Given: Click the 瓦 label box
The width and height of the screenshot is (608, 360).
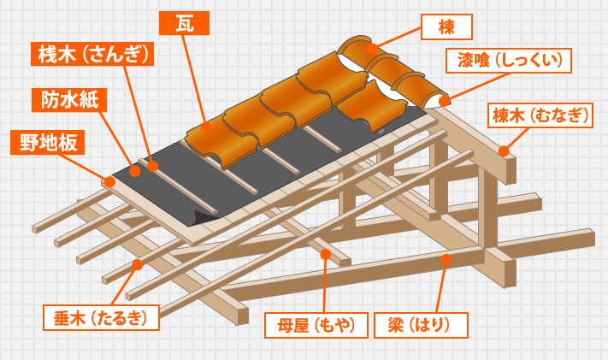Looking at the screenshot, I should click(x=184, y=23).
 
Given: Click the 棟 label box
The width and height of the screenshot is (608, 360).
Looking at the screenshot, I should click(x=446, y=27).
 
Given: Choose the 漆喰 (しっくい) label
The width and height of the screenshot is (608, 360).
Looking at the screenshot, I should click(x=508, y=61).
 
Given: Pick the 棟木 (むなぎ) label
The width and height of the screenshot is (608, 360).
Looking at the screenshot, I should click(x=540, y=115).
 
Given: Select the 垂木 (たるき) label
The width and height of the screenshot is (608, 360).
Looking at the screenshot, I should click(x=101, y=317).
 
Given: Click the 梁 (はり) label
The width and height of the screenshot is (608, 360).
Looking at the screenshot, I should click(x=421, y=325).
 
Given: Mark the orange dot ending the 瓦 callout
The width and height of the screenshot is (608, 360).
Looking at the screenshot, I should click(x=204, y=127).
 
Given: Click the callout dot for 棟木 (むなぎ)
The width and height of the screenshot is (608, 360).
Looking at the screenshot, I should click(x=504, y=151).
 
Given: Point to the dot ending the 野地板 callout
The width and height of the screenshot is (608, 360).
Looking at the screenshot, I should click(x=109, y=182).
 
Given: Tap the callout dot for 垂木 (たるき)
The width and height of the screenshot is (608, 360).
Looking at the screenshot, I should click(x=138, y=264).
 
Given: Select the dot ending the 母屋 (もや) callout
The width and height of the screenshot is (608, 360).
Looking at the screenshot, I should click(x=326, y=254).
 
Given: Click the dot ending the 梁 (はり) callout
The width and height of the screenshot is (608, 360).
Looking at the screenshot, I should click(x=446, y=258).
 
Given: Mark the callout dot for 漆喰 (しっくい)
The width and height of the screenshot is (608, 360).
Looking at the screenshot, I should click(x=444, y=101).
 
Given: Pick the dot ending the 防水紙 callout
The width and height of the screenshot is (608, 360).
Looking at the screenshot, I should click(x=134, y=171).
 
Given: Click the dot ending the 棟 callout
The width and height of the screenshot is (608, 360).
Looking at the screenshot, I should click(x=371, y=49).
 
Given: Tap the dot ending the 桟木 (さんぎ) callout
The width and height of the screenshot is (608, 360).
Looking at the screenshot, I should click(x=153, y=165).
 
